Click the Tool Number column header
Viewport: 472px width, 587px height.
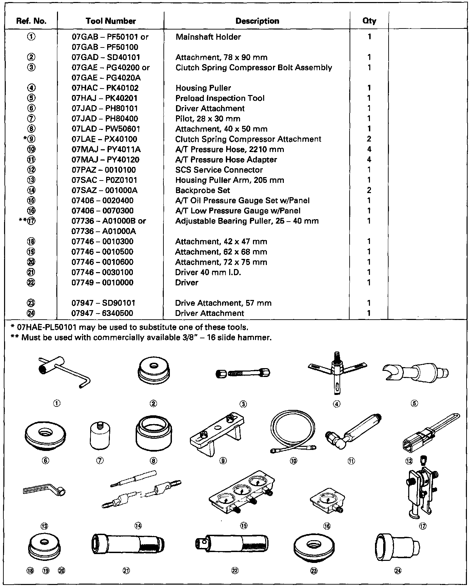[x=111, y=21]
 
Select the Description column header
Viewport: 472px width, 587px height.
[x=257, y=21]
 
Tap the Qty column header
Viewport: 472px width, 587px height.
[x=369, y=21]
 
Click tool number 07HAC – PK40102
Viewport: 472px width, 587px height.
[x=105, y=88]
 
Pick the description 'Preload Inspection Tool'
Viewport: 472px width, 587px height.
[x=220, y=98]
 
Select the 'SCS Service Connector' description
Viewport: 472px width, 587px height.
[x=219, y=170]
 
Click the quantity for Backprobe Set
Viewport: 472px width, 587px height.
[x=369, y=190]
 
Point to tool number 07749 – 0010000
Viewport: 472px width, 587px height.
[x=102, y=283]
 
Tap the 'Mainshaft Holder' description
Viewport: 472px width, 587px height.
[x=208, y=37]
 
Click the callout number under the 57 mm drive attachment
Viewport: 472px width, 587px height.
[x=314, y=571]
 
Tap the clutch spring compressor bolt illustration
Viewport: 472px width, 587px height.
[x=243, y=373]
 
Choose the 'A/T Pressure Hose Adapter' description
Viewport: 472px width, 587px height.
[x=226, y=160]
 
